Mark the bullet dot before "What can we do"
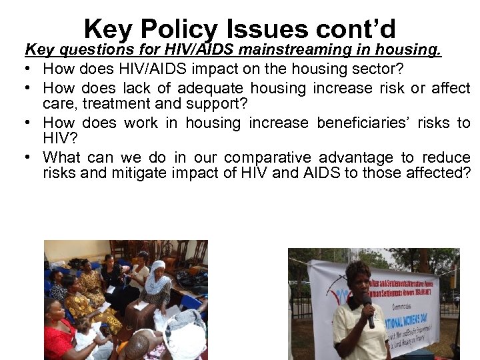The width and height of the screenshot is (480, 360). click(31, 157)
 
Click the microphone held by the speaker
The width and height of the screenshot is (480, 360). click(369, 311)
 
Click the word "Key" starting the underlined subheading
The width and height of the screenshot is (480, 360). click(37, 49)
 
